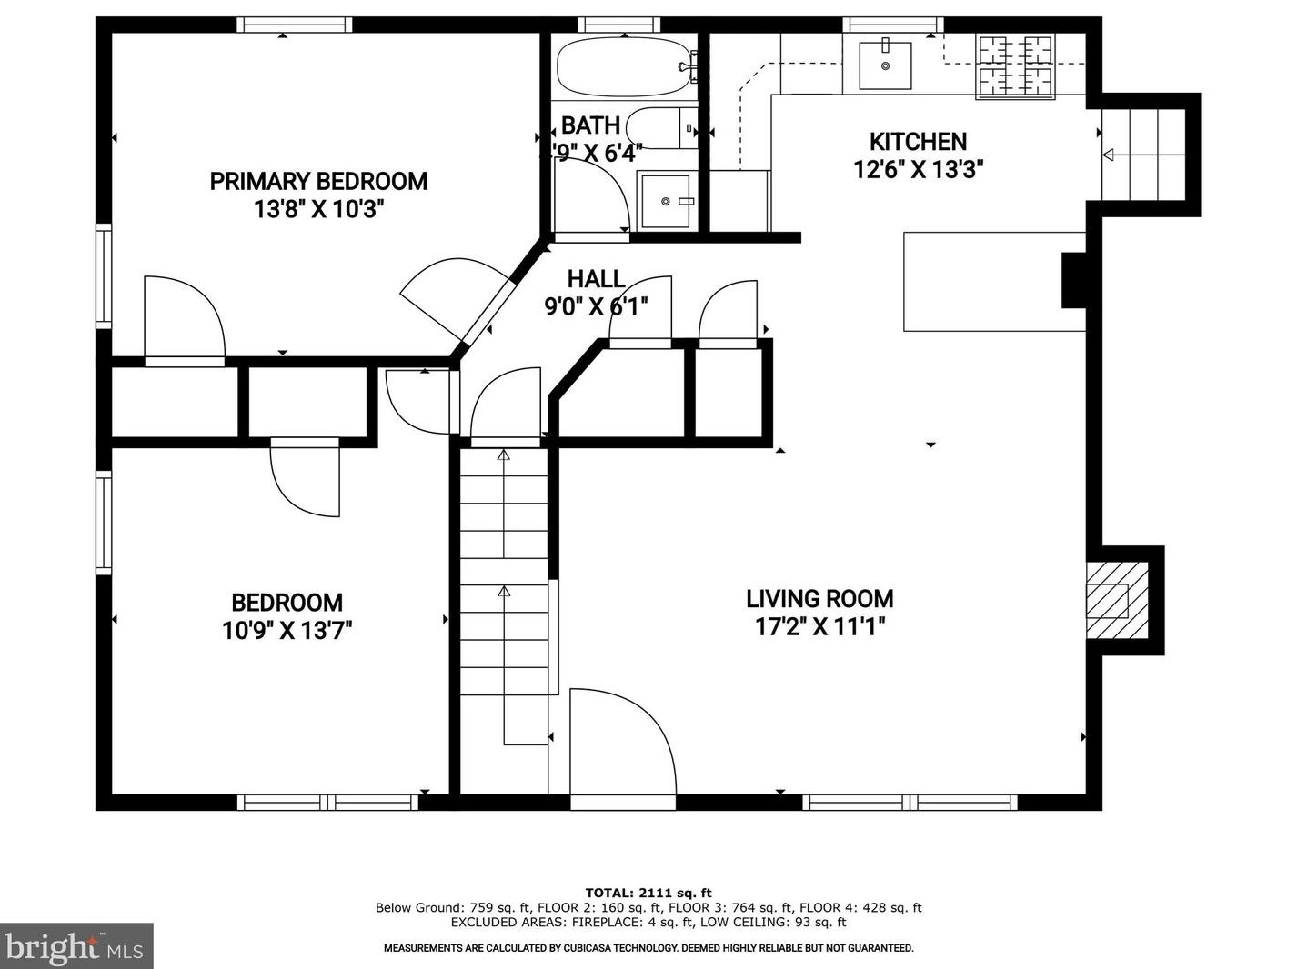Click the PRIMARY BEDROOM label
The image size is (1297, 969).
click(x=318, y=181)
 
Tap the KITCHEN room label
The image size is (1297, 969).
click(x=919, y=142)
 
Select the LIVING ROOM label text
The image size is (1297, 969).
click(x=819, y=599)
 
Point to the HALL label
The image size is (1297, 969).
click(x=597, y=279)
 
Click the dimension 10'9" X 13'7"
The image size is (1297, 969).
click(x=287, y=631)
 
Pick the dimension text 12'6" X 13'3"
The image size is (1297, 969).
click(x=919, y=170)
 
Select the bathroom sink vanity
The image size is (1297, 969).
click(x=667, y=201)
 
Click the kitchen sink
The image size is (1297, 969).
click(x=885, y=65)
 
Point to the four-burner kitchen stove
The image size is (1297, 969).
click(x=1016, y=66)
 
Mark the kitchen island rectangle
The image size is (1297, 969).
click(x=995, y=282)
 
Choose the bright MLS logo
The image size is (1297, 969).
click(x=76, y=946)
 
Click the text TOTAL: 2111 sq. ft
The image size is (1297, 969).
click(x=648, y=893)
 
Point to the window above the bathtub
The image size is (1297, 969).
click(x=618, y=25)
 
